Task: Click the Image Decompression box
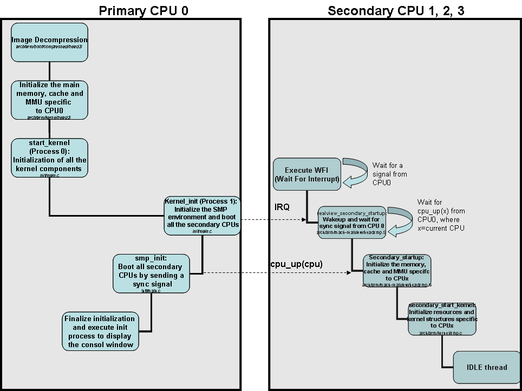[49, 42]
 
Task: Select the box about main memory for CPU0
[49, 100]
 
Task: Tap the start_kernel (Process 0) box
[49, 158]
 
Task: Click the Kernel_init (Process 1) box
[202, 216]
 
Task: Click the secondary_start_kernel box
[442, 319]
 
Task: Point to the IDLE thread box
[487, 367]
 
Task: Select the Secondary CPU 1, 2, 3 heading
[396, 11]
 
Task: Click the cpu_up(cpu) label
[297, 264]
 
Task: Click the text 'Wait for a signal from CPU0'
[389, 174]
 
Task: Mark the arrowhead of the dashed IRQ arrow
[304, 219]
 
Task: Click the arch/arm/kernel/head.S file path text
[49, 116]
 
